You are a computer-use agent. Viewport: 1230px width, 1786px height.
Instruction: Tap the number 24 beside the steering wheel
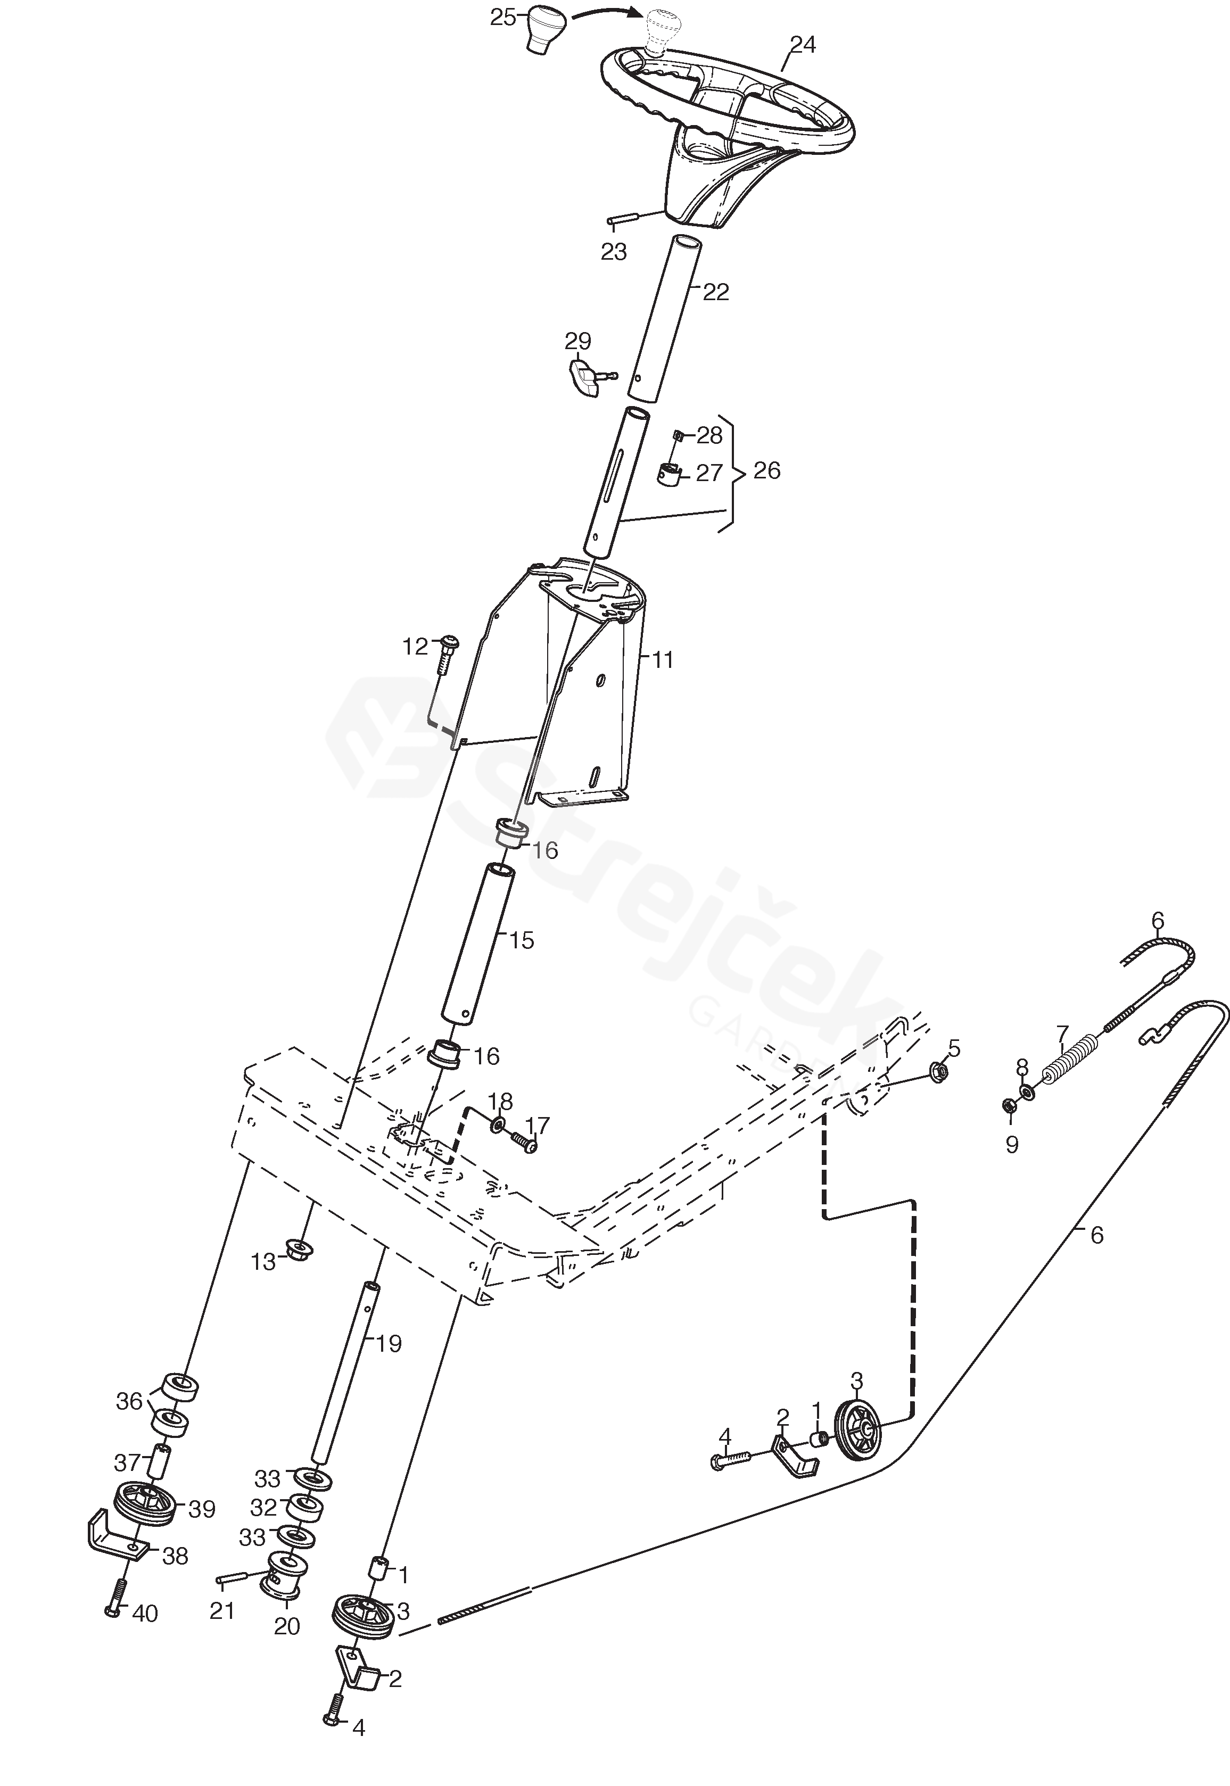tap(802, 45)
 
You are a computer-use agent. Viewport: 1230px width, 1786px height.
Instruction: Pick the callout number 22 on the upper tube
tap(715, 293)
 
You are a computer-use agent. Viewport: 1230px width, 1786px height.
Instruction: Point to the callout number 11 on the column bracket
tap(662, 660)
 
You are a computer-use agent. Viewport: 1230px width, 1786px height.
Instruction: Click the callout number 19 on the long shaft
tap(389, 1344)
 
